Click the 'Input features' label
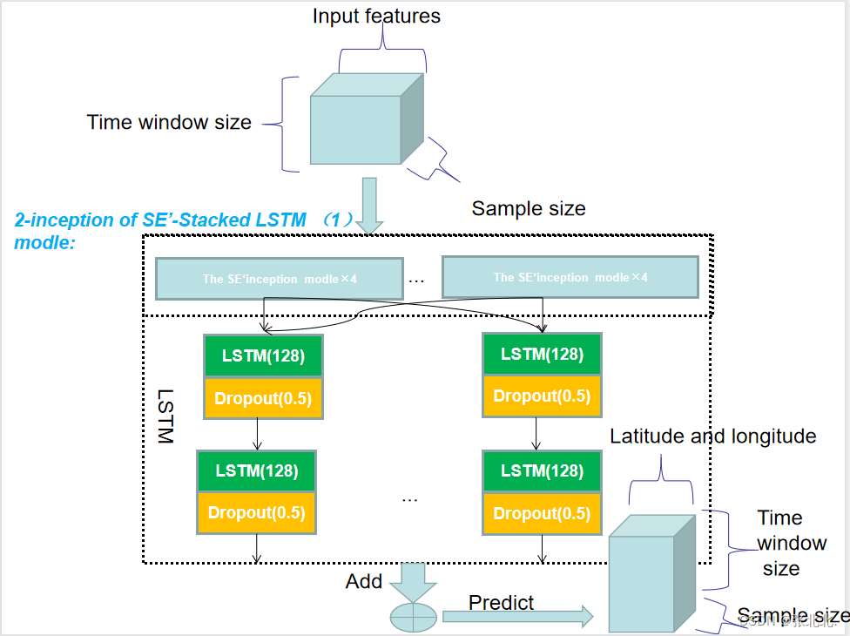coord(376,17)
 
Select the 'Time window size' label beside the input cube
coord(169,122)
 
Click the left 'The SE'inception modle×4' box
coord(279,279)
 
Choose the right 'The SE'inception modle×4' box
coord(570,277)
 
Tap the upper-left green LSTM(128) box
coord(262,355)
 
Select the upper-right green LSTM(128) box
coord(542,354)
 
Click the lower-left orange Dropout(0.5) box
coord(256,512)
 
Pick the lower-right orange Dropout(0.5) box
coord(542,513)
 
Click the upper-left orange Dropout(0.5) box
coord(262,399)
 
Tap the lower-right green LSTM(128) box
coord(542,470)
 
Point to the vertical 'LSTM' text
coord(166,416)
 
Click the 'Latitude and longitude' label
coord(712,436)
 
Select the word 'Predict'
coord(501,602)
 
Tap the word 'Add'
coord(363,581)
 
